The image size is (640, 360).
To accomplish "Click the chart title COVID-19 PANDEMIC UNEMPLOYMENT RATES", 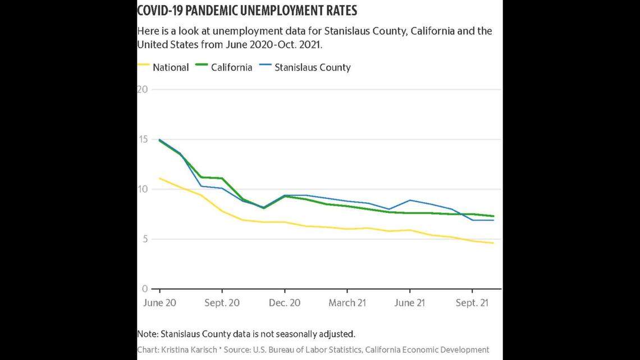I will click(247, 11).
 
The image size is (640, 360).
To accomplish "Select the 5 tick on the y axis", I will click(144, 239).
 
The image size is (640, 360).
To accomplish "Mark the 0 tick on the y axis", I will click(144, 289).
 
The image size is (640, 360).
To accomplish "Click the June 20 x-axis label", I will click(159, 303).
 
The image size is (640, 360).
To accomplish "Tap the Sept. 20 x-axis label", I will click(222, 303).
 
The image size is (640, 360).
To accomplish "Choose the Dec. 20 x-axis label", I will click(285, 303).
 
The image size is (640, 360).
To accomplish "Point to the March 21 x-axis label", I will click(347, 303).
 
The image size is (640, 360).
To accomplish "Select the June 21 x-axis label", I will click(409, 303).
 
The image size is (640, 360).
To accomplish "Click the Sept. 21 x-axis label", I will click(472, 303).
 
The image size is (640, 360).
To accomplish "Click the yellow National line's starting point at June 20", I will click(160, 178).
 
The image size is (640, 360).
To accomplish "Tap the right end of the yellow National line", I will click(493, 243).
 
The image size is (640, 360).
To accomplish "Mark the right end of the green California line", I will click(493, 216).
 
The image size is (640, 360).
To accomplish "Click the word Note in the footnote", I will click(147, 334).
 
